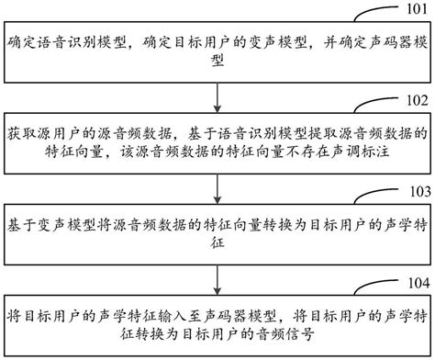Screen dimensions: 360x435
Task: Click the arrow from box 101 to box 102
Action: (x=217, y=93)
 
